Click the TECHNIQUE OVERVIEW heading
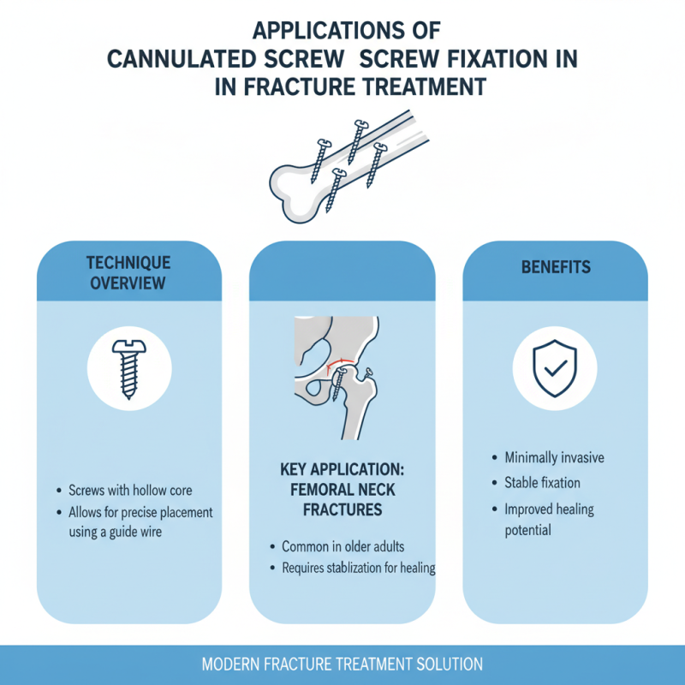pos(128,272)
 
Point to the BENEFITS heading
pos(556,267)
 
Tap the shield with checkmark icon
pos(554,367)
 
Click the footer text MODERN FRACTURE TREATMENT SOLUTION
pos(342,664)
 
